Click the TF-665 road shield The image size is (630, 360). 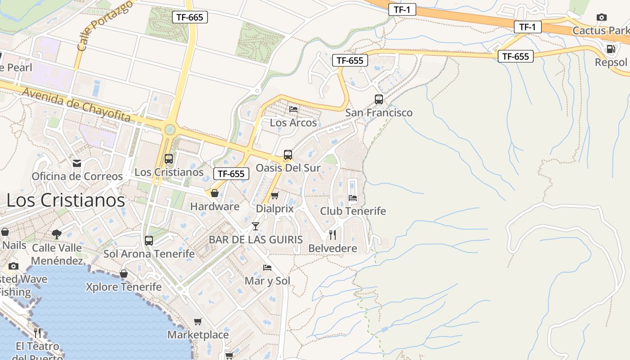pos(189,18)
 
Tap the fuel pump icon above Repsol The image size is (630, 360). pos(611,49)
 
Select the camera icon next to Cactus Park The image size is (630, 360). pos(601,18)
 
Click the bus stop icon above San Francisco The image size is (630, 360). pos(379,99)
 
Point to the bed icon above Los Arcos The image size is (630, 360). pos(293,109)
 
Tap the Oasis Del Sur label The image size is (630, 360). pos(288,168)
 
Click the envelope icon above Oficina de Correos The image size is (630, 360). pos(77,163)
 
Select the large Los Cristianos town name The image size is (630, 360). pos(66,200)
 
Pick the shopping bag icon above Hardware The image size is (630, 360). pos(215,193)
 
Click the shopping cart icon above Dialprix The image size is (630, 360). pos(274,195)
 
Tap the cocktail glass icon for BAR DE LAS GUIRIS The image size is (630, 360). pos(256,226)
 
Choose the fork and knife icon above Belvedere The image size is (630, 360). pos(333,234)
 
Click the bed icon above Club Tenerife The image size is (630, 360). pos(353,197)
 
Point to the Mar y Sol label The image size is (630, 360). pos(267,281)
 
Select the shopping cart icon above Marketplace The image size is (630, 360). pos(198,321)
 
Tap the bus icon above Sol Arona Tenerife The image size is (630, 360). pos(149,240)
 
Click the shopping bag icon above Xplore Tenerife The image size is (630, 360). pos(123,274)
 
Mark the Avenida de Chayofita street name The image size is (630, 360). pos(76,105)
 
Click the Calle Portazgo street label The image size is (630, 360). pos(105,25)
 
